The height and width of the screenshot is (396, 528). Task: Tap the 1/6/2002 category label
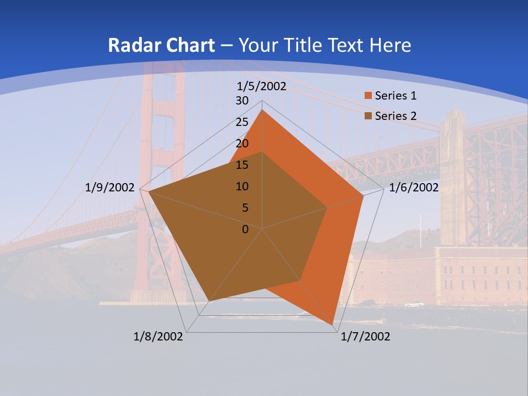click(414, 188)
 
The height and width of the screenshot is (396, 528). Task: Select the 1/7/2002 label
click(365, 337)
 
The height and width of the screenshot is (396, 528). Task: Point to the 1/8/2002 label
click(158, 337)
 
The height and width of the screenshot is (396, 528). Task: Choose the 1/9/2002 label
click(110, 188)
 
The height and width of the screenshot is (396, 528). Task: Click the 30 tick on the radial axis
click(242, 101)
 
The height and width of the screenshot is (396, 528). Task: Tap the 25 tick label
click(242, 122)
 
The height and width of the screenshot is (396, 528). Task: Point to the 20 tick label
click(242, 144)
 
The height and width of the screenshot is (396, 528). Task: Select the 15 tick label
click(242, 165)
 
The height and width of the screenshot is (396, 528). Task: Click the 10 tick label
click(242, 186)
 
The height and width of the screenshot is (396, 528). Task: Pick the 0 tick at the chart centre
click(245, 229)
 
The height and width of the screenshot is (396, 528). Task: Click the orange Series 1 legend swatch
click(368, 96)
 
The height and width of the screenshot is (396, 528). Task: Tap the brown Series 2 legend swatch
click(368, 116)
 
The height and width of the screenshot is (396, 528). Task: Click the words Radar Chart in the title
click(161, 45)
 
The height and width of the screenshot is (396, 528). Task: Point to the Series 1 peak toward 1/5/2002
click(262, 110)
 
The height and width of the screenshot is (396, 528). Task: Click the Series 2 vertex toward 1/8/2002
click(208, 301)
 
